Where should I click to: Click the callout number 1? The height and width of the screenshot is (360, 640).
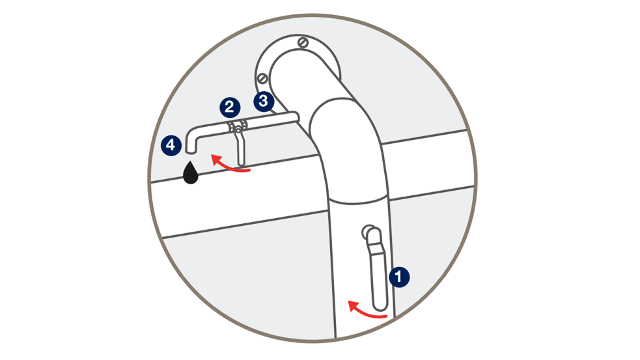click(x=399, y=277)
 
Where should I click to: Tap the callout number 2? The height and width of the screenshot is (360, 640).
click(x=230, y=107)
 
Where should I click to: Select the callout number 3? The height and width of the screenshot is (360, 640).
click(x=264, y=101)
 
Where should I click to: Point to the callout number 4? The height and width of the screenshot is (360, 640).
click(x=171, y=145)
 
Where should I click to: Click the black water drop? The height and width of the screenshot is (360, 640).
click(x=191, y=173)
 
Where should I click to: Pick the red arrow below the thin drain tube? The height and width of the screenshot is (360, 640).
click(x=229, y=165)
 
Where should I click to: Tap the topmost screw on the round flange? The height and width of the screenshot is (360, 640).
click(x=303, y=42)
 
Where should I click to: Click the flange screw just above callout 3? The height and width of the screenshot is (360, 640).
click(x=262, y=78)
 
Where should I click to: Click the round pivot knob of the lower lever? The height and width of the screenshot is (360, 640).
click(x=367, y=232)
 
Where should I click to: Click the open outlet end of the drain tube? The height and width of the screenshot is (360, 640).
click(x=191, y=152)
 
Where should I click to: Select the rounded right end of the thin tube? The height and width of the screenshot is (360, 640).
click(x=296, y=117)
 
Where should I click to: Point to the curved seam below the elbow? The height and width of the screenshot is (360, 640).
click(x=357, y=201)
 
